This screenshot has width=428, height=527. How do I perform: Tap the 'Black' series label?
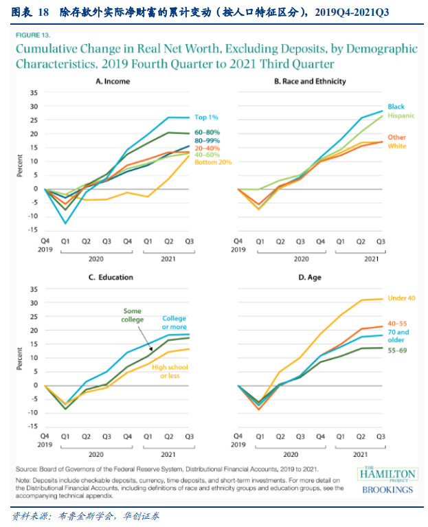[x=396, y=106]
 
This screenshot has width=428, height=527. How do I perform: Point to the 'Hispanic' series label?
[x=401, y=115]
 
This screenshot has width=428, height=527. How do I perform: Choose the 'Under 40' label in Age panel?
[x=403, y=298]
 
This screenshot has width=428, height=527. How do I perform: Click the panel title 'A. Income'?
[x=113, y=82]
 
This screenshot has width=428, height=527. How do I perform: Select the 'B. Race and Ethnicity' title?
[x=310, y=82]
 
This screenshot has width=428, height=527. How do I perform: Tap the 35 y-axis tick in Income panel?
[x=33, y=93]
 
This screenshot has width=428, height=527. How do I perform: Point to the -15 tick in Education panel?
[x=32, y=426]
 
